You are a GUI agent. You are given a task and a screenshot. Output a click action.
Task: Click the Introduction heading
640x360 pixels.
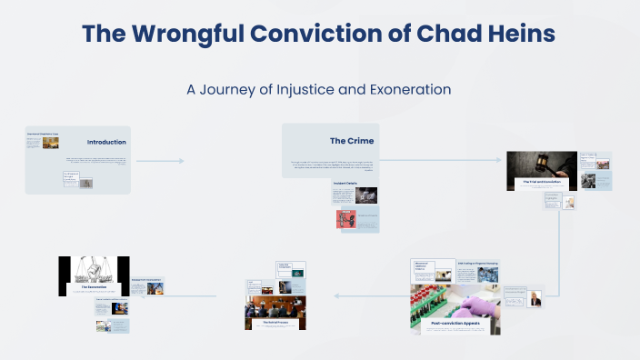pos(106,142)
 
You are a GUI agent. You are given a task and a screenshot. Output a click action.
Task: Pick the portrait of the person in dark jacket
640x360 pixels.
pos(535,298)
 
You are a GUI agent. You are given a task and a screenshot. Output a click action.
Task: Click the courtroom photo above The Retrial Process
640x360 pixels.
pos(275,306)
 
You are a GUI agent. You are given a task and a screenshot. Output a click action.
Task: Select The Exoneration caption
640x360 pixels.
pos(95,287)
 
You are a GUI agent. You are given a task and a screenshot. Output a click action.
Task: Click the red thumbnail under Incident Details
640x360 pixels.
pos(345,218)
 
